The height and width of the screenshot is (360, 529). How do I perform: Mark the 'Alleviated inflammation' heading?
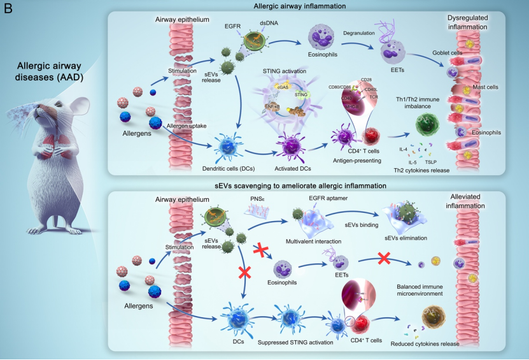pyautogui.click(x=469, y=202)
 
